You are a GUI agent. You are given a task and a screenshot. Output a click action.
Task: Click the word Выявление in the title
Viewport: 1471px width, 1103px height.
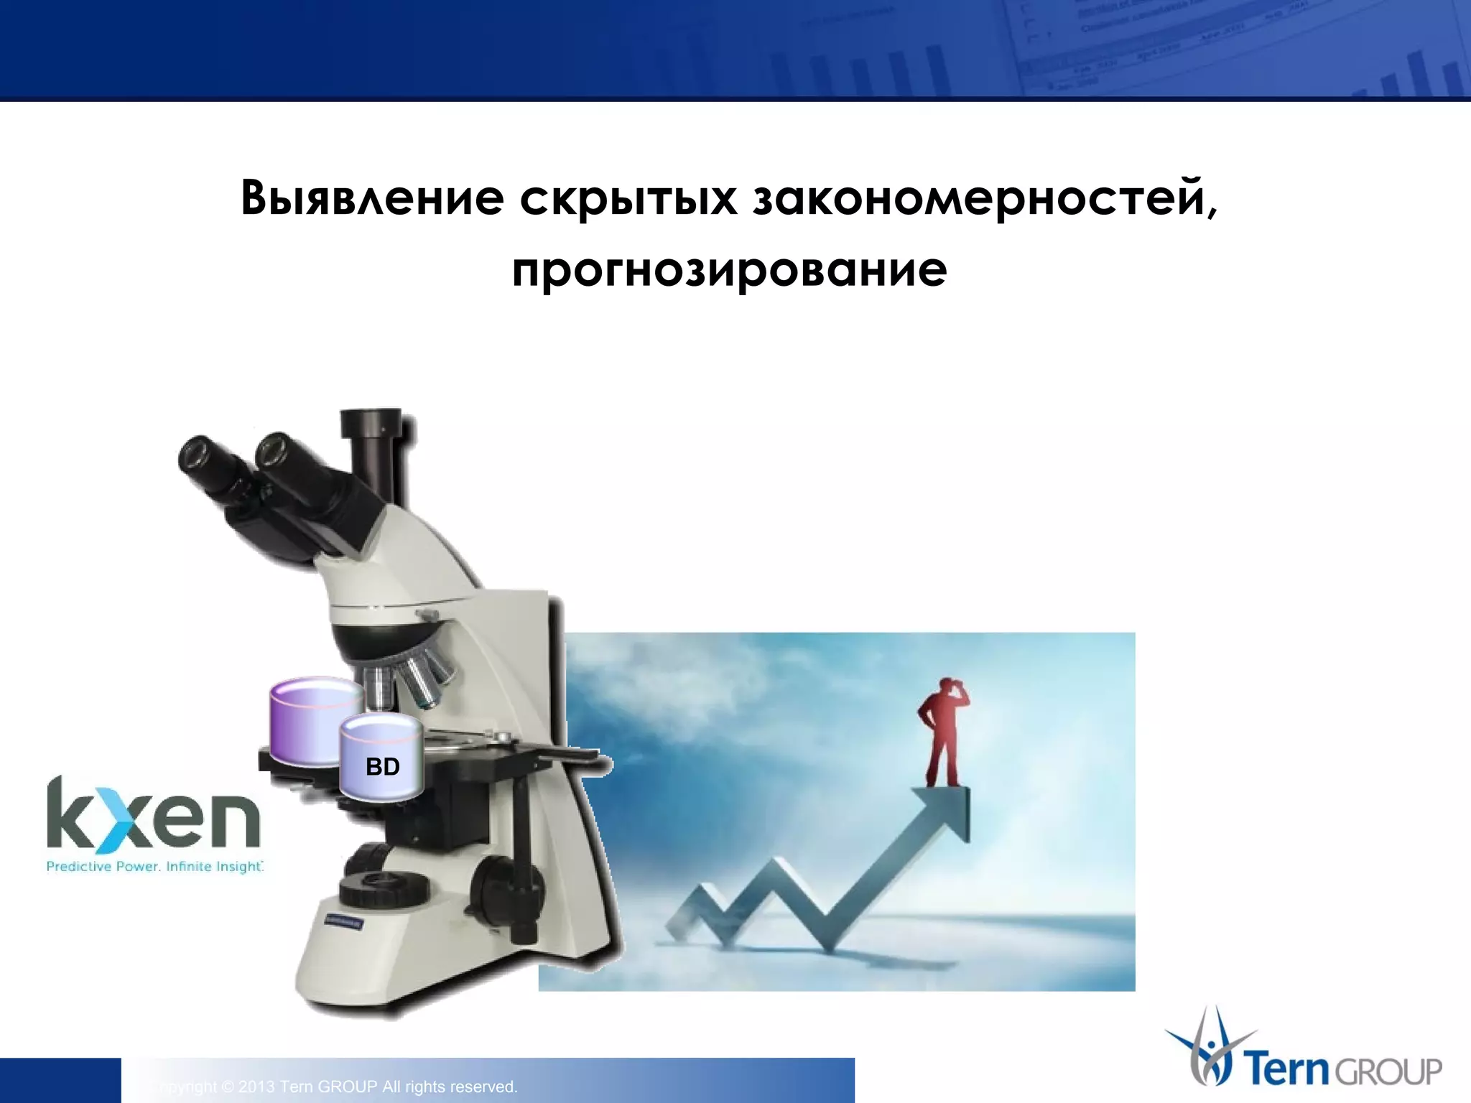(371, 197)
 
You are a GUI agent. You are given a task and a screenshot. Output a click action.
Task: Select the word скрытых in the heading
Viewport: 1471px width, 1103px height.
(628, 199)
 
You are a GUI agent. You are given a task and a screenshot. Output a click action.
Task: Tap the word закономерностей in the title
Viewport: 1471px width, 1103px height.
(984, 197)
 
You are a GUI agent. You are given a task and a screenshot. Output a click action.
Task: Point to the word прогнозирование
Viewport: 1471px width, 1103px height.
(729, 270)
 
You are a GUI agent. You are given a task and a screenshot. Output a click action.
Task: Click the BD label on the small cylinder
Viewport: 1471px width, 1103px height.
(382, 767)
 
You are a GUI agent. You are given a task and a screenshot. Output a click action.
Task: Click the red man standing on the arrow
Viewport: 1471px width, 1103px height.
(942, 732)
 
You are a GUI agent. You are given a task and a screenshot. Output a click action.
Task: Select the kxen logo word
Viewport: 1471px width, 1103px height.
(153, 819)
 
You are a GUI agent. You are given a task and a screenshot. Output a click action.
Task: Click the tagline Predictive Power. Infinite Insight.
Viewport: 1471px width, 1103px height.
(154, 867)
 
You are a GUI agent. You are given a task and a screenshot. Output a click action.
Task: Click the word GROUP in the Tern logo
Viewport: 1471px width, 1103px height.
(1388, 1072)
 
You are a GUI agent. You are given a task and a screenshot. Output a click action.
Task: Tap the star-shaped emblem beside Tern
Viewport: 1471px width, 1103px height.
(1209, 1048)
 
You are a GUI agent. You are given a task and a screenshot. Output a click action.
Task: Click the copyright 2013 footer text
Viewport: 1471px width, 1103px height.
(338, 1087)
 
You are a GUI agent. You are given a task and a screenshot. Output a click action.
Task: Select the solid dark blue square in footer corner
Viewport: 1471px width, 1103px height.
(60, 1080)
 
